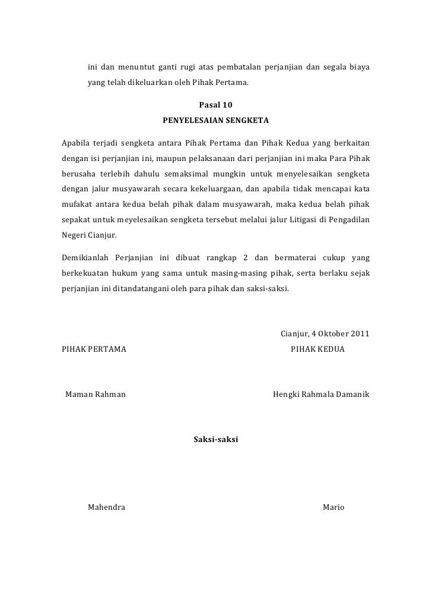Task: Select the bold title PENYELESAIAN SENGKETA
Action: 216,121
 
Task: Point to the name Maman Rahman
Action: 95,394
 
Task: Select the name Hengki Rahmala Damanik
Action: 321,394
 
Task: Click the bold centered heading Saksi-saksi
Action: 216,440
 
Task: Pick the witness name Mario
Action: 333,508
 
